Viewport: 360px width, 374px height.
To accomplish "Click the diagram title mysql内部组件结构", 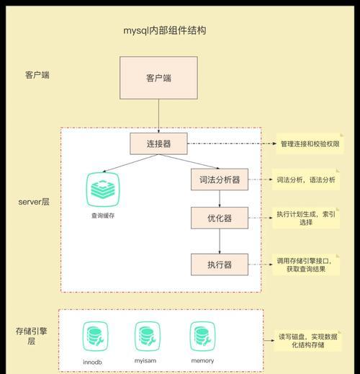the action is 165,30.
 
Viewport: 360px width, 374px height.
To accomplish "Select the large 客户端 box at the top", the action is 158,78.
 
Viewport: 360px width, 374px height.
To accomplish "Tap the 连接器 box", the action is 158,143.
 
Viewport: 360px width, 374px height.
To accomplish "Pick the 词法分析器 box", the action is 220,179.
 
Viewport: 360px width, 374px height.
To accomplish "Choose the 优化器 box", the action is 220,218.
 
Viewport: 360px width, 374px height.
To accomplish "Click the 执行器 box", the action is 220,264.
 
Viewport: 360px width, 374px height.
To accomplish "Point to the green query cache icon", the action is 103,190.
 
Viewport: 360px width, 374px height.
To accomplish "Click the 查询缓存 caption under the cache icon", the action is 103,215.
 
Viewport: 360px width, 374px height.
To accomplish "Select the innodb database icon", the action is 95,337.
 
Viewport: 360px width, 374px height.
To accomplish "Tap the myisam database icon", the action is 148,337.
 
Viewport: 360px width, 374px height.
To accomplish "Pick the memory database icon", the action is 202,337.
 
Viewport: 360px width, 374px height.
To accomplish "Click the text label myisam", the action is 145,361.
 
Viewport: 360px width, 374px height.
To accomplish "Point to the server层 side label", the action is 34,202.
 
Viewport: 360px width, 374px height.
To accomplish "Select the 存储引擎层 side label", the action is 31,336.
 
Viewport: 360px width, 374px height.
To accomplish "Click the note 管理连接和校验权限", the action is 310,143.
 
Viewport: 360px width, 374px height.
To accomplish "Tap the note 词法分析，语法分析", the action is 306,179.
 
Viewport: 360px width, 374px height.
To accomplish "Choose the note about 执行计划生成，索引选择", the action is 306,218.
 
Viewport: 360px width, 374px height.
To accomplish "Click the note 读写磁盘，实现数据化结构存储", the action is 307,341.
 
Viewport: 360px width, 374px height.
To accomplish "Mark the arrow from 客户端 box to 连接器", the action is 158,116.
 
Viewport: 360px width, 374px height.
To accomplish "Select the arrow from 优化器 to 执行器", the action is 220,241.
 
